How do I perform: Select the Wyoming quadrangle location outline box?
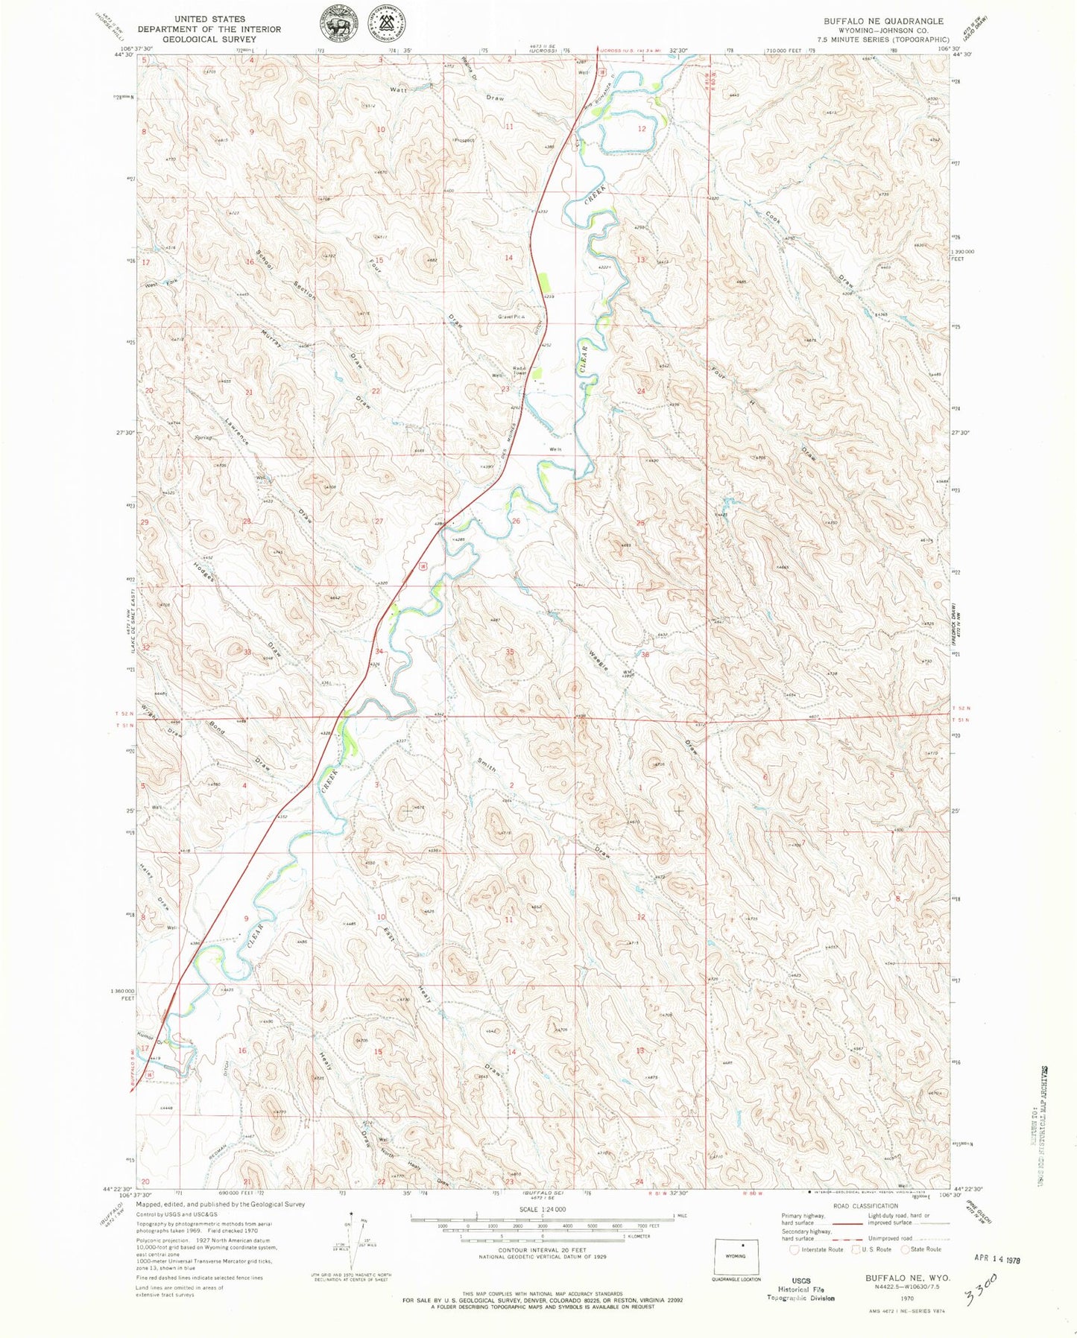[742, 1258]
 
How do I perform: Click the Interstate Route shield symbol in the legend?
[795, 1249]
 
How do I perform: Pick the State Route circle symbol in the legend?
[906, 1249]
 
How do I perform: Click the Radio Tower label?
[520, 368]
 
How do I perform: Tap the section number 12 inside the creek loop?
[642, 129]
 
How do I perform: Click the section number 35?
[510, 652]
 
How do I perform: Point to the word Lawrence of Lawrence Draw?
[236, 432]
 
